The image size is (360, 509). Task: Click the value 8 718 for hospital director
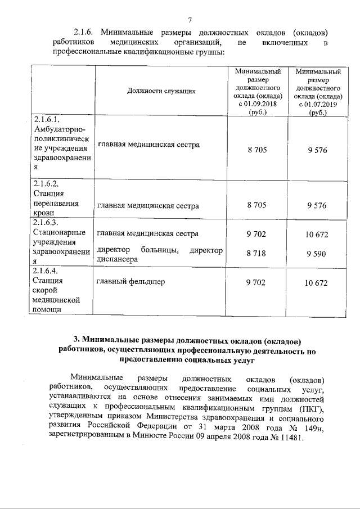pyautogui.click(x=256, y=254)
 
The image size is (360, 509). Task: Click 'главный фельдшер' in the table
pyautogui.click(x=130, y=282)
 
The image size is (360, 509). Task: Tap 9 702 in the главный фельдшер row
pyautogui.click(x=256, y=282)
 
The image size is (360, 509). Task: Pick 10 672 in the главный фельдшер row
pyautogui.click(x=316, y=283)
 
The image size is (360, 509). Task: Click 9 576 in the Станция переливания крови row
pyautogui.click(x=317, y=206)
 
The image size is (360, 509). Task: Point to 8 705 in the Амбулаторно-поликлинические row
pyautogui.click(x=256, y=150)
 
